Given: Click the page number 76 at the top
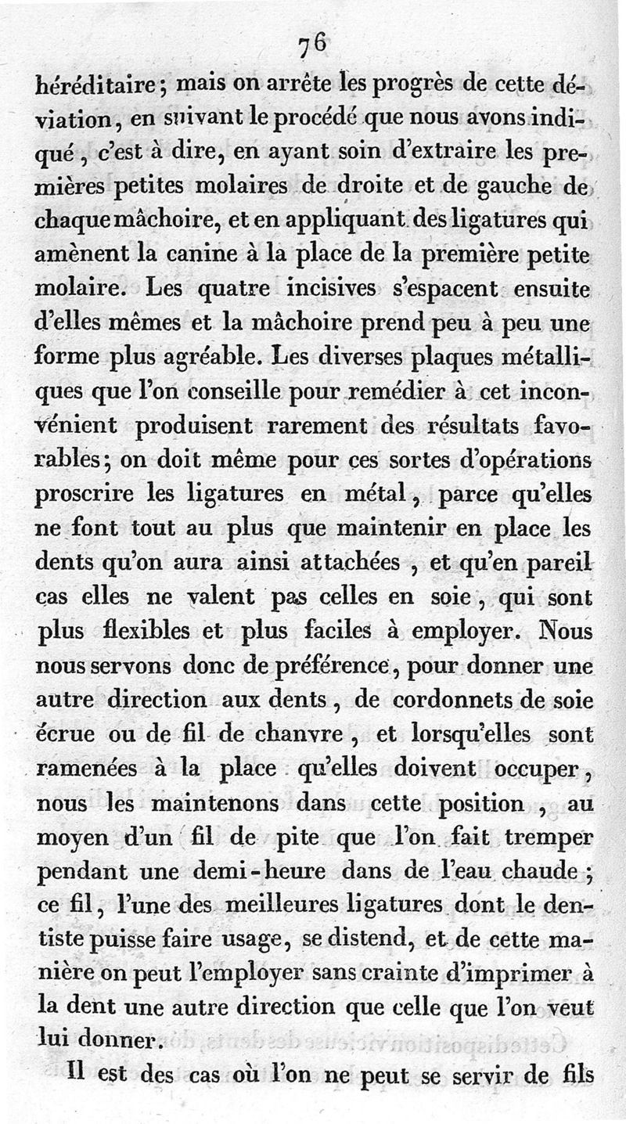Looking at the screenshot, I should pyautogui.click(x=311, y=45).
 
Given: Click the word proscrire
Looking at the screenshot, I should pyautogui.click(x=85, y=494).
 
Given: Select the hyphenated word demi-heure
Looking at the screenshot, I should pyautogui.click(x=250, y=870).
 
